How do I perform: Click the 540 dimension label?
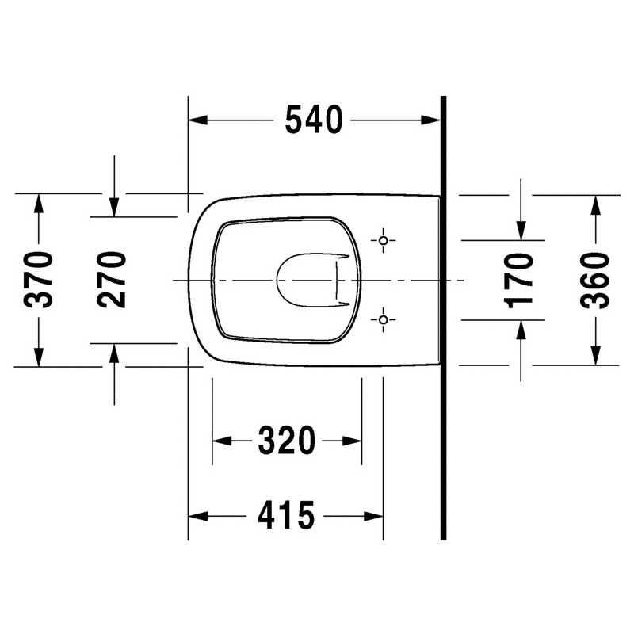(x=314, y=120)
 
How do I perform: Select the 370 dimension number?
(x=38, y=280)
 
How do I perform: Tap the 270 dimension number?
(x=111, y=280)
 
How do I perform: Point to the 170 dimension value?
(x=520, y=281)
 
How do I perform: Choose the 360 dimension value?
(x=594, y=281)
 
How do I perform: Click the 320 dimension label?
(x=287, y=441)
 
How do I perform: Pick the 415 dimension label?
(x=286, y=516)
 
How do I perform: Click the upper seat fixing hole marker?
(x=384, y=241)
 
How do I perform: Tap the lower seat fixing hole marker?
(x=384, y=320)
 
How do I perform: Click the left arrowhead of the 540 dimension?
(x=198, y=120)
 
